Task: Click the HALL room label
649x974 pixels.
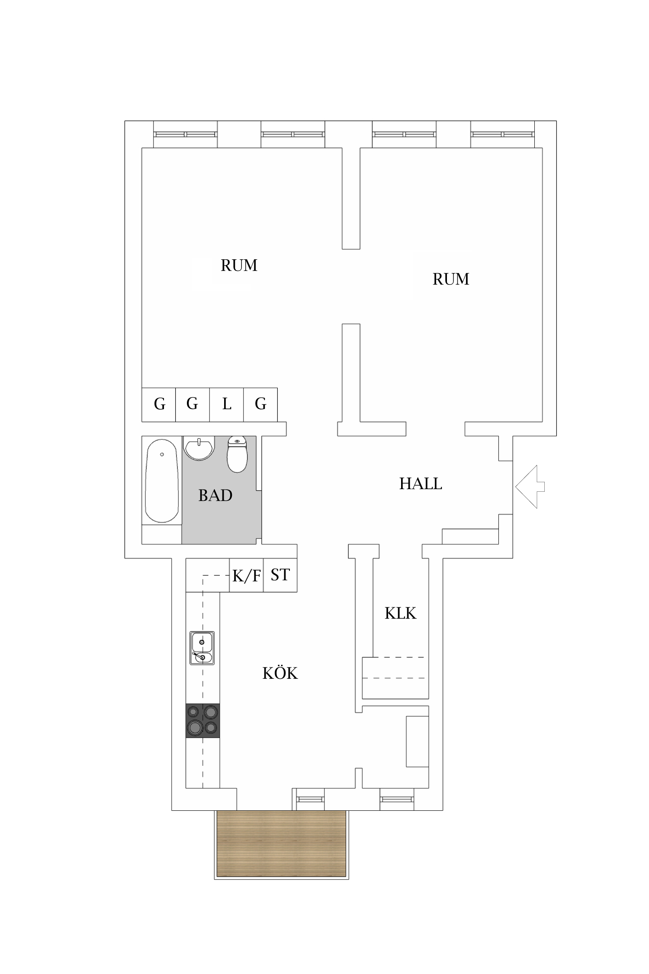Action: (x=420, y=484)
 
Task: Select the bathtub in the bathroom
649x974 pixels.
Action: (x=161, y=481)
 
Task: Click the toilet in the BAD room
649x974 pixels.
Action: (x=237, y=455)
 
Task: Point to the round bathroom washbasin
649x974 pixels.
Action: (x=199, y=448)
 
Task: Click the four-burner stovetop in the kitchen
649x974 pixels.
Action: (x=202, y=720)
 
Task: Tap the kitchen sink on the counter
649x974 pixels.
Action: (x=202, y=648)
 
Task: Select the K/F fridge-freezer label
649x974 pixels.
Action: (x=246, y=576)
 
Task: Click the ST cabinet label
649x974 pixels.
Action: (x=280, y=575)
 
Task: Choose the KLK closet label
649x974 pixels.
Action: (x=400, y=613)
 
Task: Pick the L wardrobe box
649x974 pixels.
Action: (x=227, y=404)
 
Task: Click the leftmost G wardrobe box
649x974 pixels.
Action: (x=159, y=404)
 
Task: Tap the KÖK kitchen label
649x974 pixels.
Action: (x=280, y=673)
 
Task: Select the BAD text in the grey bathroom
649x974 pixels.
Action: (x=215, y=495)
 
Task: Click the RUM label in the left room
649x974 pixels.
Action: (x=239, y=265)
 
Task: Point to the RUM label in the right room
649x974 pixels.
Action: (x=451, y=279)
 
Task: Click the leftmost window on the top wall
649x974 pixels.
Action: (x=185, y=134)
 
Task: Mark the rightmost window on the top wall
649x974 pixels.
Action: (x=502, y=134)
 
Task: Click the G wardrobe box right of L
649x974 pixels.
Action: (x=260, y=404)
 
